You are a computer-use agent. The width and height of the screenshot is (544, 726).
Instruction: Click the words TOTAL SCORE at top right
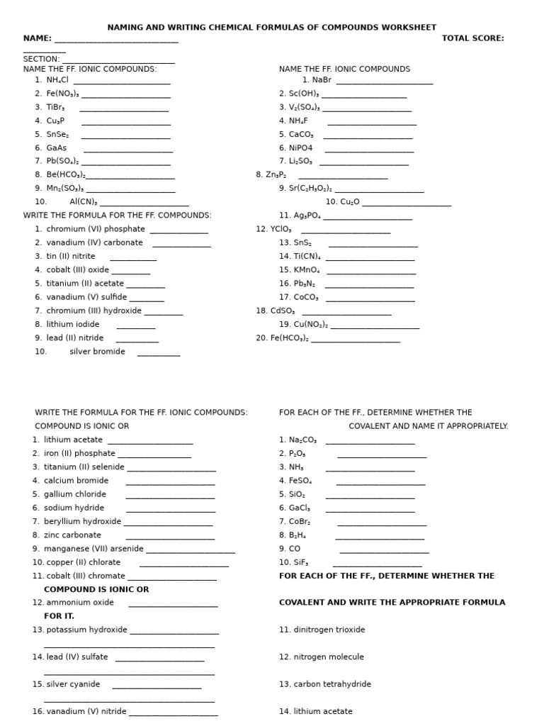click(x=472, y=38)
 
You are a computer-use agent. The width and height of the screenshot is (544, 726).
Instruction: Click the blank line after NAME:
click(x=116, y=40)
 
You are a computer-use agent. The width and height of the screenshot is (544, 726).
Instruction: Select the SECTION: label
click(x=41, y=59)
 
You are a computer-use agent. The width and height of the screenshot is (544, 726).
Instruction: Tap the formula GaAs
click(x=57, y=148)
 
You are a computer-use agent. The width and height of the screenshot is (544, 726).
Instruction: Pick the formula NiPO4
click(x=300, y=148)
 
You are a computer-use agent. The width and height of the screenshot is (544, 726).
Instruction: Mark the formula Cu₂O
click(x=350, y=202)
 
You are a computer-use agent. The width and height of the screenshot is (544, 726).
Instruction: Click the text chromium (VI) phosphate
click(x=96, y=229)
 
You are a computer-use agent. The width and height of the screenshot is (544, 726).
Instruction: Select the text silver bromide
click(x=97, y=352)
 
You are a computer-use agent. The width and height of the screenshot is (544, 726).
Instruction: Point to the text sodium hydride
click(x=74, y=508)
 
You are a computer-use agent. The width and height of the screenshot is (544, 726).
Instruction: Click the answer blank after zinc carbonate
click(x=170, y=537)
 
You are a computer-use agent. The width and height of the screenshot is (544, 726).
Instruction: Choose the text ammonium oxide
click(x=80, y=603)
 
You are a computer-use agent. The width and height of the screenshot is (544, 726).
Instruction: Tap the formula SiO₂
click(x=296, y=494)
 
